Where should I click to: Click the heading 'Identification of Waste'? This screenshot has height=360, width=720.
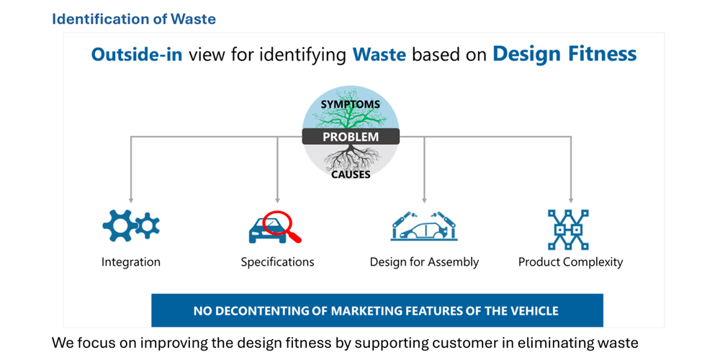tap(134, 19)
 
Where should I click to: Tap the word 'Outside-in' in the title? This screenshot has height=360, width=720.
tap(137, 55)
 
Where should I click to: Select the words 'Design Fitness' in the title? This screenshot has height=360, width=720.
tap(564, 54)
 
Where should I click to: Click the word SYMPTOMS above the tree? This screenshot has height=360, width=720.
tap(351, 104)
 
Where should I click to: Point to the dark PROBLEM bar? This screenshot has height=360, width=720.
tap(351, 136)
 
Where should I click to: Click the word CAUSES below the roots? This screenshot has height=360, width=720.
tap(351, 174)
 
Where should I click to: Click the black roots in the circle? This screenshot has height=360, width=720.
tap(351, 157)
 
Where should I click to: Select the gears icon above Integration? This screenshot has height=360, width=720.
tap(131, 226)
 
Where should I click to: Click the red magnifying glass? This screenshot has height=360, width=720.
tap(281, 226)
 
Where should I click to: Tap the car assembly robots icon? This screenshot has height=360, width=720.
tap(424, 226)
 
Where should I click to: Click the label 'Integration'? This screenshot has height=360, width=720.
tap(131, 262)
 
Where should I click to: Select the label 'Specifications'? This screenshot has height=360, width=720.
tap(277, 262)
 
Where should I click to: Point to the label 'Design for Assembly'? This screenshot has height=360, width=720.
tap(424, 262)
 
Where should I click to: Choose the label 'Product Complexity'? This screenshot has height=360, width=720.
tap(570, 262)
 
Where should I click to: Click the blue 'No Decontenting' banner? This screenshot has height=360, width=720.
tap(377, 310)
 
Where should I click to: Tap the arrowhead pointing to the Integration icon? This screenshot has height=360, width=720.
tap(131, 200)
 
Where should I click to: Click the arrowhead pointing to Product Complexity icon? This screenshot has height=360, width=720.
tap(571, 200)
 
